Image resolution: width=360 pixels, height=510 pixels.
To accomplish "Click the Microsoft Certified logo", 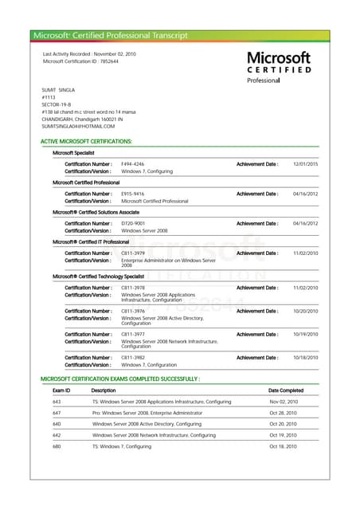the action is tap(278, 67).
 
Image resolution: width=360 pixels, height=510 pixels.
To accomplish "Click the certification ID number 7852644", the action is tap(109, 61).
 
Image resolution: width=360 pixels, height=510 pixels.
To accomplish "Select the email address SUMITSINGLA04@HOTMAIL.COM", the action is tap(78, 126).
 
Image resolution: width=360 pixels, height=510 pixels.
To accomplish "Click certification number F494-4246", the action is tap(132, 163).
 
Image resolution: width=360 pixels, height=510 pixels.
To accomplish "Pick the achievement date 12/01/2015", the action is tap(305, 163).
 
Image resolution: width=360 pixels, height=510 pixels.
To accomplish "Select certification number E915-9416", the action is tap(132, 194).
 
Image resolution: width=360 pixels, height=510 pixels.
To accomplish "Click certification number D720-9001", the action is tap(132, 223).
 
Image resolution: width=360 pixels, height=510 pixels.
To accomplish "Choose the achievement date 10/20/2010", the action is tap(305, 311).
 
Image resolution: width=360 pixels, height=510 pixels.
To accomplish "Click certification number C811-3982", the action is tap(132, 358).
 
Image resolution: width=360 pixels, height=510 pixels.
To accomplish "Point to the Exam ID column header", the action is tap(61, 390).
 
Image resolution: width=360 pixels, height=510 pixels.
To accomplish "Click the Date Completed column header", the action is tap(286, 390).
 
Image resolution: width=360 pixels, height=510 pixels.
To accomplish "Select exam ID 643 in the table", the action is tap(57, 402).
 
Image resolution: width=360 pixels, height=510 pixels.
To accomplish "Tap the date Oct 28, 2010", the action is tap(283, 413).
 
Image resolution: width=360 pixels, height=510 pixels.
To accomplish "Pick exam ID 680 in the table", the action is tap(57, 446).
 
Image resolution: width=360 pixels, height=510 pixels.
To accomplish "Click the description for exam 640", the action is tap(147, 424).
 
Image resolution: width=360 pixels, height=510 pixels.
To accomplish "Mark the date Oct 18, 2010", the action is tap(283, 446).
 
